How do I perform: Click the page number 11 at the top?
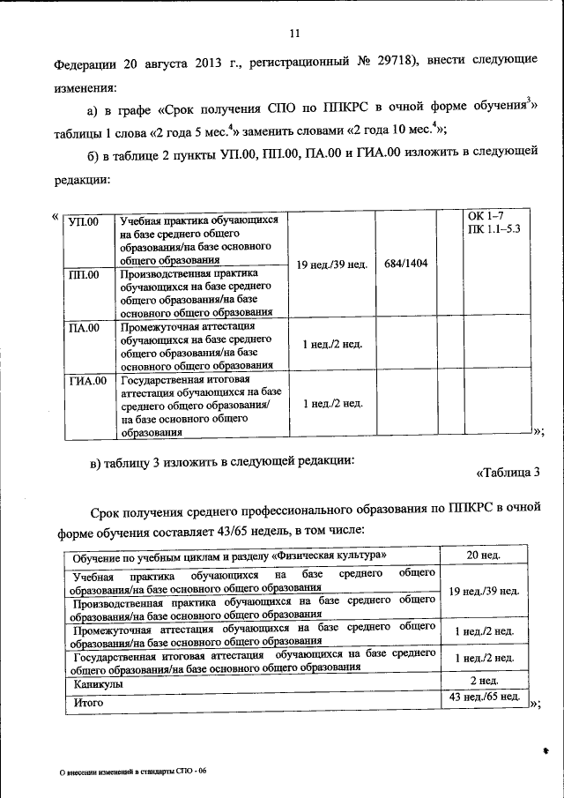[x=294, y=34]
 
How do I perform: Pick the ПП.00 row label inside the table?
[x=85, y=274]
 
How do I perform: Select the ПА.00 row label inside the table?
[x=85, y=328]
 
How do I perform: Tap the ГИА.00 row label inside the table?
[x=88, y=382]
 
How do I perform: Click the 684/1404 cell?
[x=406, y=264]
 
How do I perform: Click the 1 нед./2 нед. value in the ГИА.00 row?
[x=332, y=404]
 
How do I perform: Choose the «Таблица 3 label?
[x=508, y=474]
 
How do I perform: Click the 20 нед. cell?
[x=484, y=556]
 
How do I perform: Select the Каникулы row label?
[x=98, y=684]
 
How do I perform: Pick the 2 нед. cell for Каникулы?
[x=484, y=682]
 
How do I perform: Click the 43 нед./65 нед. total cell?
[x=484, y=699]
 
